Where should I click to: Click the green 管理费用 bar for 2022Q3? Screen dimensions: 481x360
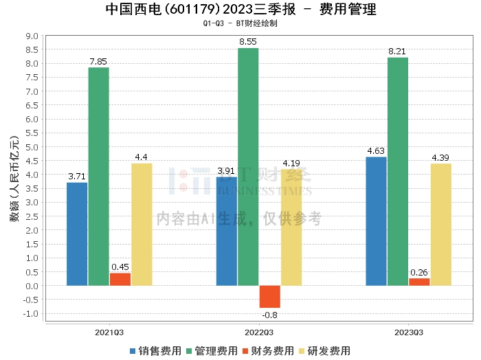[x=248, y=167]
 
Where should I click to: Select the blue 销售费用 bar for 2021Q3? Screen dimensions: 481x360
[x=77, y=234]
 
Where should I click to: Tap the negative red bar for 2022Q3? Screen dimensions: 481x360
[x=270, y=297]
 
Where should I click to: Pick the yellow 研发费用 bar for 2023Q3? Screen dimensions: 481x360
[x=441, y=225]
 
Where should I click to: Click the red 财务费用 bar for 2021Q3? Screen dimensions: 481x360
[x=120, y=280]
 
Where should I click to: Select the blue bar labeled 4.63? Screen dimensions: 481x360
[x=376, y=221]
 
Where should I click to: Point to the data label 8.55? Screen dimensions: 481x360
[x=248, y=42]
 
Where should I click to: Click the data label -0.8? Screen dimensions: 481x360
[x=269, y=315]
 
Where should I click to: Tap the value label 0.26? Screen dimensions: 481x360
[x=419, y=272]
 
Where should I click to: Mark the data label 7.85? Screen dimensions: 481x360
[x=98, y=62]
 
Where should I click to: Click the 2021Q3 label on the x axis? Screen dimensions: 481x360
[x=109, y=333]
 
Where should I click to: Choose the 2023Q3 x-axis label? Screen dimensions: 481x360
[x=409, y=333]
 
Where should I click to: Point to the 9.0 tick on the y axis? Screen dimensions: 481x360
[x=32, y=36]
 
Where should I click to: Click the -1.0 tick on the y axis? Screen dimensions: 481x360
[x=31, y=314]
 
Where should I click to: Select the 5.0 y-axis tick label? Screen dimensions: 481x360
[x=32, y=147]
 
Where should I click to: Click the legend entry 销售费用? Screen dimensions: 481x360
[x=155, y=351]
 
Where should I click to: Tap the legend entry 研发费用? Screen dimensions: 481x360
[x=325, y=351]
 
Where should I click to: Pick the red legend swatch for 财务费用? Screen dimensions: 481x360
[x=245, y=351]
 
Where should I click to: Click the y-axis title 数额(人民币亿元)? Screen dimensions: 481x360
[x=14, y=179]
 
